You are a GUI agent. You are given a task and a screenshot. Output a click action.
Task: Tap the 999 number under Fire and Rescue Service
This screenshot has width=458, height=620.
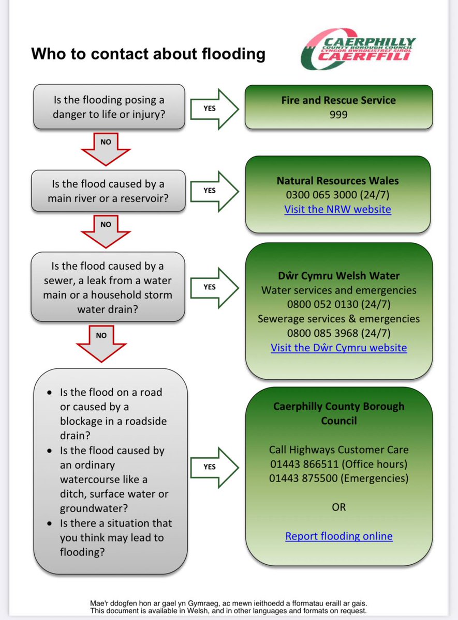point(338,115)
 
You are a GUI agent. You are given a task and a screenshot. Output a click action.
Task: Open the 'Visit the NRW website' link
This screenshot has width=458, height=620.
point(337,209)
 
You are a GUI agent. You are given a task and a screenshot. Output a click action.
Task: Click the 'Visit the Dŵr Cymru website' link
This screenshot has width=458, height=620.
point(338,347)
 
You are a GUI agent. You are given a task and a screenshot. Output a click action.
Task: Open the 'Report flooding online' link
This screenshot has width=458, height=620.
point(338,536)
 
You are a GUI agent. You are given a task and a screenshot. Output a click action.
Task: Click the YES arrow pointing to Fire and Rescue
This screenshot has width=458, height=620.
point(213,109)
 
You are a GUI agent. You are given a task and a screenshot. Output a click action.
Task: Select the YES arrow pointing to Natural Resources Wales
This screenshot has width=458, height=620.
point(213,190)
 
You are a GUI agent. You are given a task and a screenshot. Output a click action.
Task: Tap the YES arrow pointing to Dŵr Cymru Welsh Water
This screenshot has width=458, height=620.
point(213,287)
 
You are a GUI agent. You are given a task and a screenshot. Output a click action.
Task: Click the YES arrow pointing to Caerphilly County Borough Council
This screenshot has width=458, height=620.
point(213,467)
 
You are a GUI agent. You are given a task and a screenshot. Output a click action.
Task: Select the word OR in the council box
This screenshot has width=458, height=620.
point(338,507)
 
